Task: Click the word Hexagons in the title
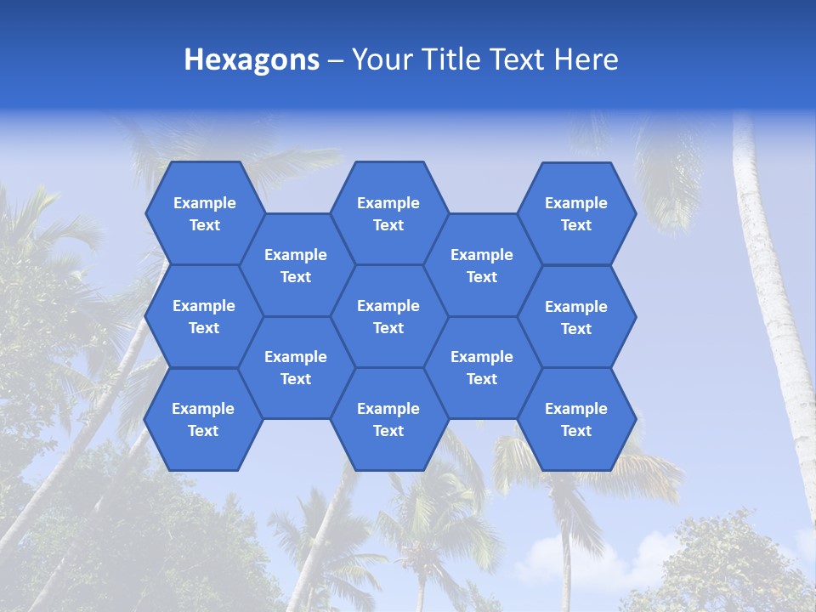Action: [252, 59]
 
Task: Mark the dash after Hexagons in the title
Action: [335, 60]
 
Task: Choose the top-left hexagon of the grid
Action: [204, 213]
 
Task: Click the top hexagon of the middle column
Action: [388, 213]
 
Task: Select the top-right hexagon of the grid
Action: [576, 213]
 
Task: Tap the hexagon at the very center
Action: [388, 316]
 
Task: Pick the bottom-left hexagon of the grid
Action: [203, 419]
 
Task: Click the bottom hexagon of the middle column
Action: [388, 419]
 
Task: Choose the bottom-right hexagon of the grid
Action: [576, 419]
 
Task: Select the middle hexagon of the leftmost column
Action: [204, 316]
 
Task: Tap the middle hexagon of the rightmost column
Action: [576, 317]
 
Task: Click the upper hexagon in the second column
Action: [296, 265]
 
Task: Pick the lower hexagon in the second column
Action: [296, 367]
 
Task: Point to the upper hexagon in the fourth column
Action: [482, 265]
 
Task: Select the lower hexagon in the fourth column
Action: [482, 367]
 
